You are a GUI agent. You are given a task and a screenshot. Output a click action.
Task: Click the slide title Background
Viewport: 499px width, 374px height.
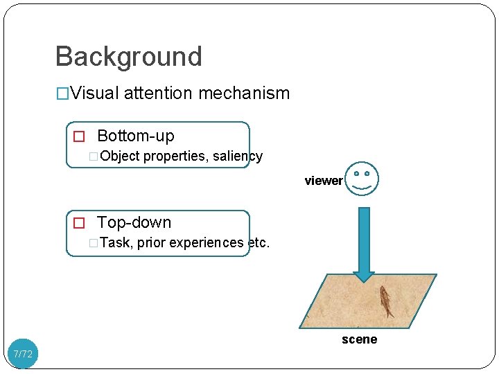(x=128, y=56)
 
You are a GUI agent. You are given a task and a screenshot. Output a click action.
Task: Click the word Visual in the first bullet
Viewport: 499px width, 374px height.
(x=94, y=93)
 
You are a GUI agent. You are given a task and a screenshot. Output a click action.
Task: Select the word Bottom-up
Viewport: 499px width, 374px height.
(x=135, y=136)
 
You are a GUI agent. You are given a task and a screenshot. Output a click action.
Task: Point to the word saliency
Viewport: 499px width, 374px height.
(x=238, y=156)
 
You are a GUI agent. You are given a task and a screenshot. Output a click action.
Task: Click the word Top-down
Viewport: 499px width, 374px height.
(x=134, y=222)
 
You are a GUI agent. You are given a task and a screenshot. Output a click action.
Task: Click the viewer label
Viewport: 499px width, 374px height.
(x=323, y=181)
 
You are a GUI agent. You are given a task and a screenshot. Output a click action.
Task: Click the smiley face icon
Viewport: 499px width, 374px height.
(x=362, y=179)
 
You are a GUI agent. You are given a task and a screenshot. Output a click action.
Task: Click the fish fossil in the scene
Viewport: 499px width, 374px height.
(x=385, y=301)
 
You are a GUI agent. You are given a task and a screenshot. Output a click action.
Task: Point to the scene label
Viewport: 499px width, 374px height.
(x=359, y=339)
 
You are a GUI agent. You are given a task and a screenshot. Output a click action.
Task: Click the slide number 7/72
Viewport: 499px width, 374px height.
(x=23, y=354)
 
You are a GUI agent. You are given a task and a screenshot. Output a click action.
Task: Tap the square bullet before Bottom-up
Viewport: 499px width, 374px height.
(x=79, y=136)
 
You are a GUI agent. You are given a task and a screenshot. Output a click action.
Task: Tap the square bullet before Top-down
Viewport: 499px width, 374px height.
(x=79, y=223)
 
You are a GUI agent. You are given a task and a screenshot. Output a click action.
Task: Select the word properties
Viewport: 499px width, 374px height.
(x=176, y=156)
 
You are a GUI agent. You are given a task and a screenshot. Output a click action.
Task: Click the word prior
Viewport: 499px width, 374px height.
(x=152, y=242)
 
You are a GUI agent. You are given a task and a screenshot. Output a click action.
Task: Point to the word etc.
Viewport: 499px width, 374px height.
(x=258, y=242)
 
